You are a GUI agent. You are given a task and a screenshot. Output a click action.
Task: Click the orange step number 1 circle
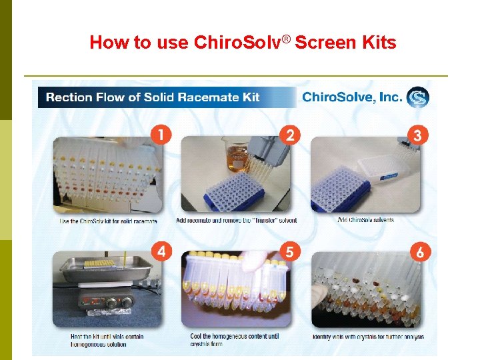pyautogui.click(x=161, y=135)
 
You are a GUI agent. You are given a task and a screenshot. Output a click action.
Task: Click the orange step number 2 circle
pyautogui.click(x=290, y=135)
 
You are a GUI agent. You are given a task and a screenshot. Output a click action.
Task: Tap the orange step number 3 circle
pyautogui.click(x=418, y=135)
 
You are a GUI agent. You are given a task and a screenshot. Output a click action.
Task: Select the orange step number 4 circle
pyautogui.click(x=161, y=251)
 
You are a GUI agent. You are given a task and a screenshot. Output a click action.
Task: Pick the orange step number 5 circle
pyautogui.click(x=290, y=251)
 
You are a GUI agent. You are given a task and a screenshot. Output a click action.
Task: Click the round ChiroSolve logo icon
pyautogui.click(x=418, y=97)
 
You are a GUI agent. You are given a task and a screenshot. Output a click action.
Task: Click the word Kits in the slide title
pyautogui.click(x=379, y=43)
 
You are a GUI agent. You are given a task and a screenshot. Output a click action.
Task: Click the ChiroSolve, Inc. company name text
pyautogui.click(x=352, y=97)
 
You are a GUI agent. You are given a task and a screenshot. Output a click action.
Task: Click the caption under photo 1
pyautogui.click(x=108, y=221)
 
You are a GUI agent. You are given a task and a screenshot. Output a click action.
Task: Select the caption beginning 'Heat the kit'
pyautogui.click(x=107, y=340)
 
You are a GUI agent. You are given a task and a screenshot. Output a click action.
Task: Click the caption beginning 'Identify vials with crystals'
pyautogui.click(x=368, y=337)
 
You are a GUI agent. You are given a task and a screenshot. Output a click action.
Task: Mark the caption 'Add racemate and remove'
pyautogui.click(x=237, y=220)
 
